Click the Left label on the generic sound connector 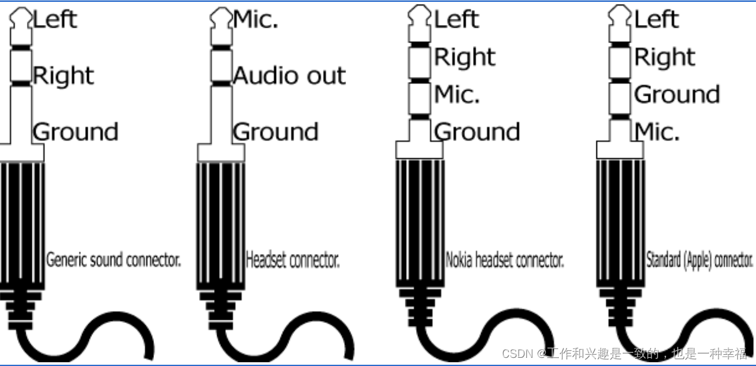pyautogui.click(x=54, y=19)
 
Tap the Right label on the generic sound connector pyautogui.click(x=63, y=76)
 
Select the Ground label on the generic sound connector pyautogui.click(x=75, y=132)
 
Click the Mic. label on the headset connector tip pyautogui.click(x=255, y=19)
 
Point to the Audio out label pyautogui.click(x=289, y=76)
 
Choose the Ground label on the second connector pyautogui.click(x=275, y=132)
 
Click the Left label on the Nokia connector pyautogui.click(x=456, y=19)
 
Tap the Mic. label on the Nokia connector pyautogui.click(x=457, y=94)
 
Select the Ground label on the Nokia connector pyautogui.click(x=477, y=132)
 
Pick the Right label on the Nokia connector pyautogui.click(x=464, y=57)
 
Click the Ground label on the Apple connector pyautogui.click(x=677, y=94)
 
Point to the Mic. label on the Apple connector pyautogui.click(x=657, y=132)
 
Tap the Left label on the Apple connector pyautogui.click(x=656, y=19)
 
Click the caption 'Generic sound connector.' pyautogui.click(x=113, y=260)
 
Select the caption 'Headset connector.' pyautogui.click(x=292, y=260)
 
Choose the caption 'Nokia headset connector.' pyautogui.click(x=504, y=260)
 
